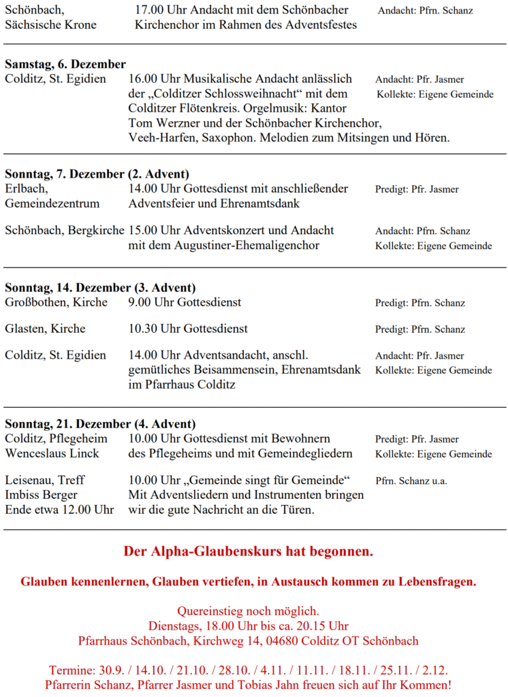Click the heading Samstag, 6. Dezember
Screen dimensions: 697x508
click(x=65, y=64)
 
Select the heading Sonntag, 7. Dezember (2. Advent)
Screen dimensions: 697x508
click(x=97, y=174)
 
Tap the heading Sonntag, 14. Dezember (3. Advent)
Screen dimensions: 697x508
click(x=100, y=287)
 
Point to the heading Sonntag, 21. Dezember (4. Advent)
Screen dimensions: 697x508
click(x=100, y=424)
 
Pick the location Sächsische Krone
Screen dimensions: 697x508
click(x=50, y=25)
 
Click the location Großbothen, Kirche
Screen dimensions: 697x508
click(x=56, y=302)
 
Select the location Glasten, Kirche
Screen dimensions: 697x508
click(x=45, y=329)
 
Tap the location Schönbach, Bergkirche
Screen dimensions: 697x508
click(x=65, y=231)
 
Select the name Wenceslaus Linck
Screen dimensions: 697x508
click(x=52, y=454)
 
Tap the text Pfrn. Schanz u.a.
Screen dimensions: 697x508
click(x=411, y=481)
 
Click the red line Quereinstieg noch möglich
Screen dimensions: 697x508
click(x=248, y=611)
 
